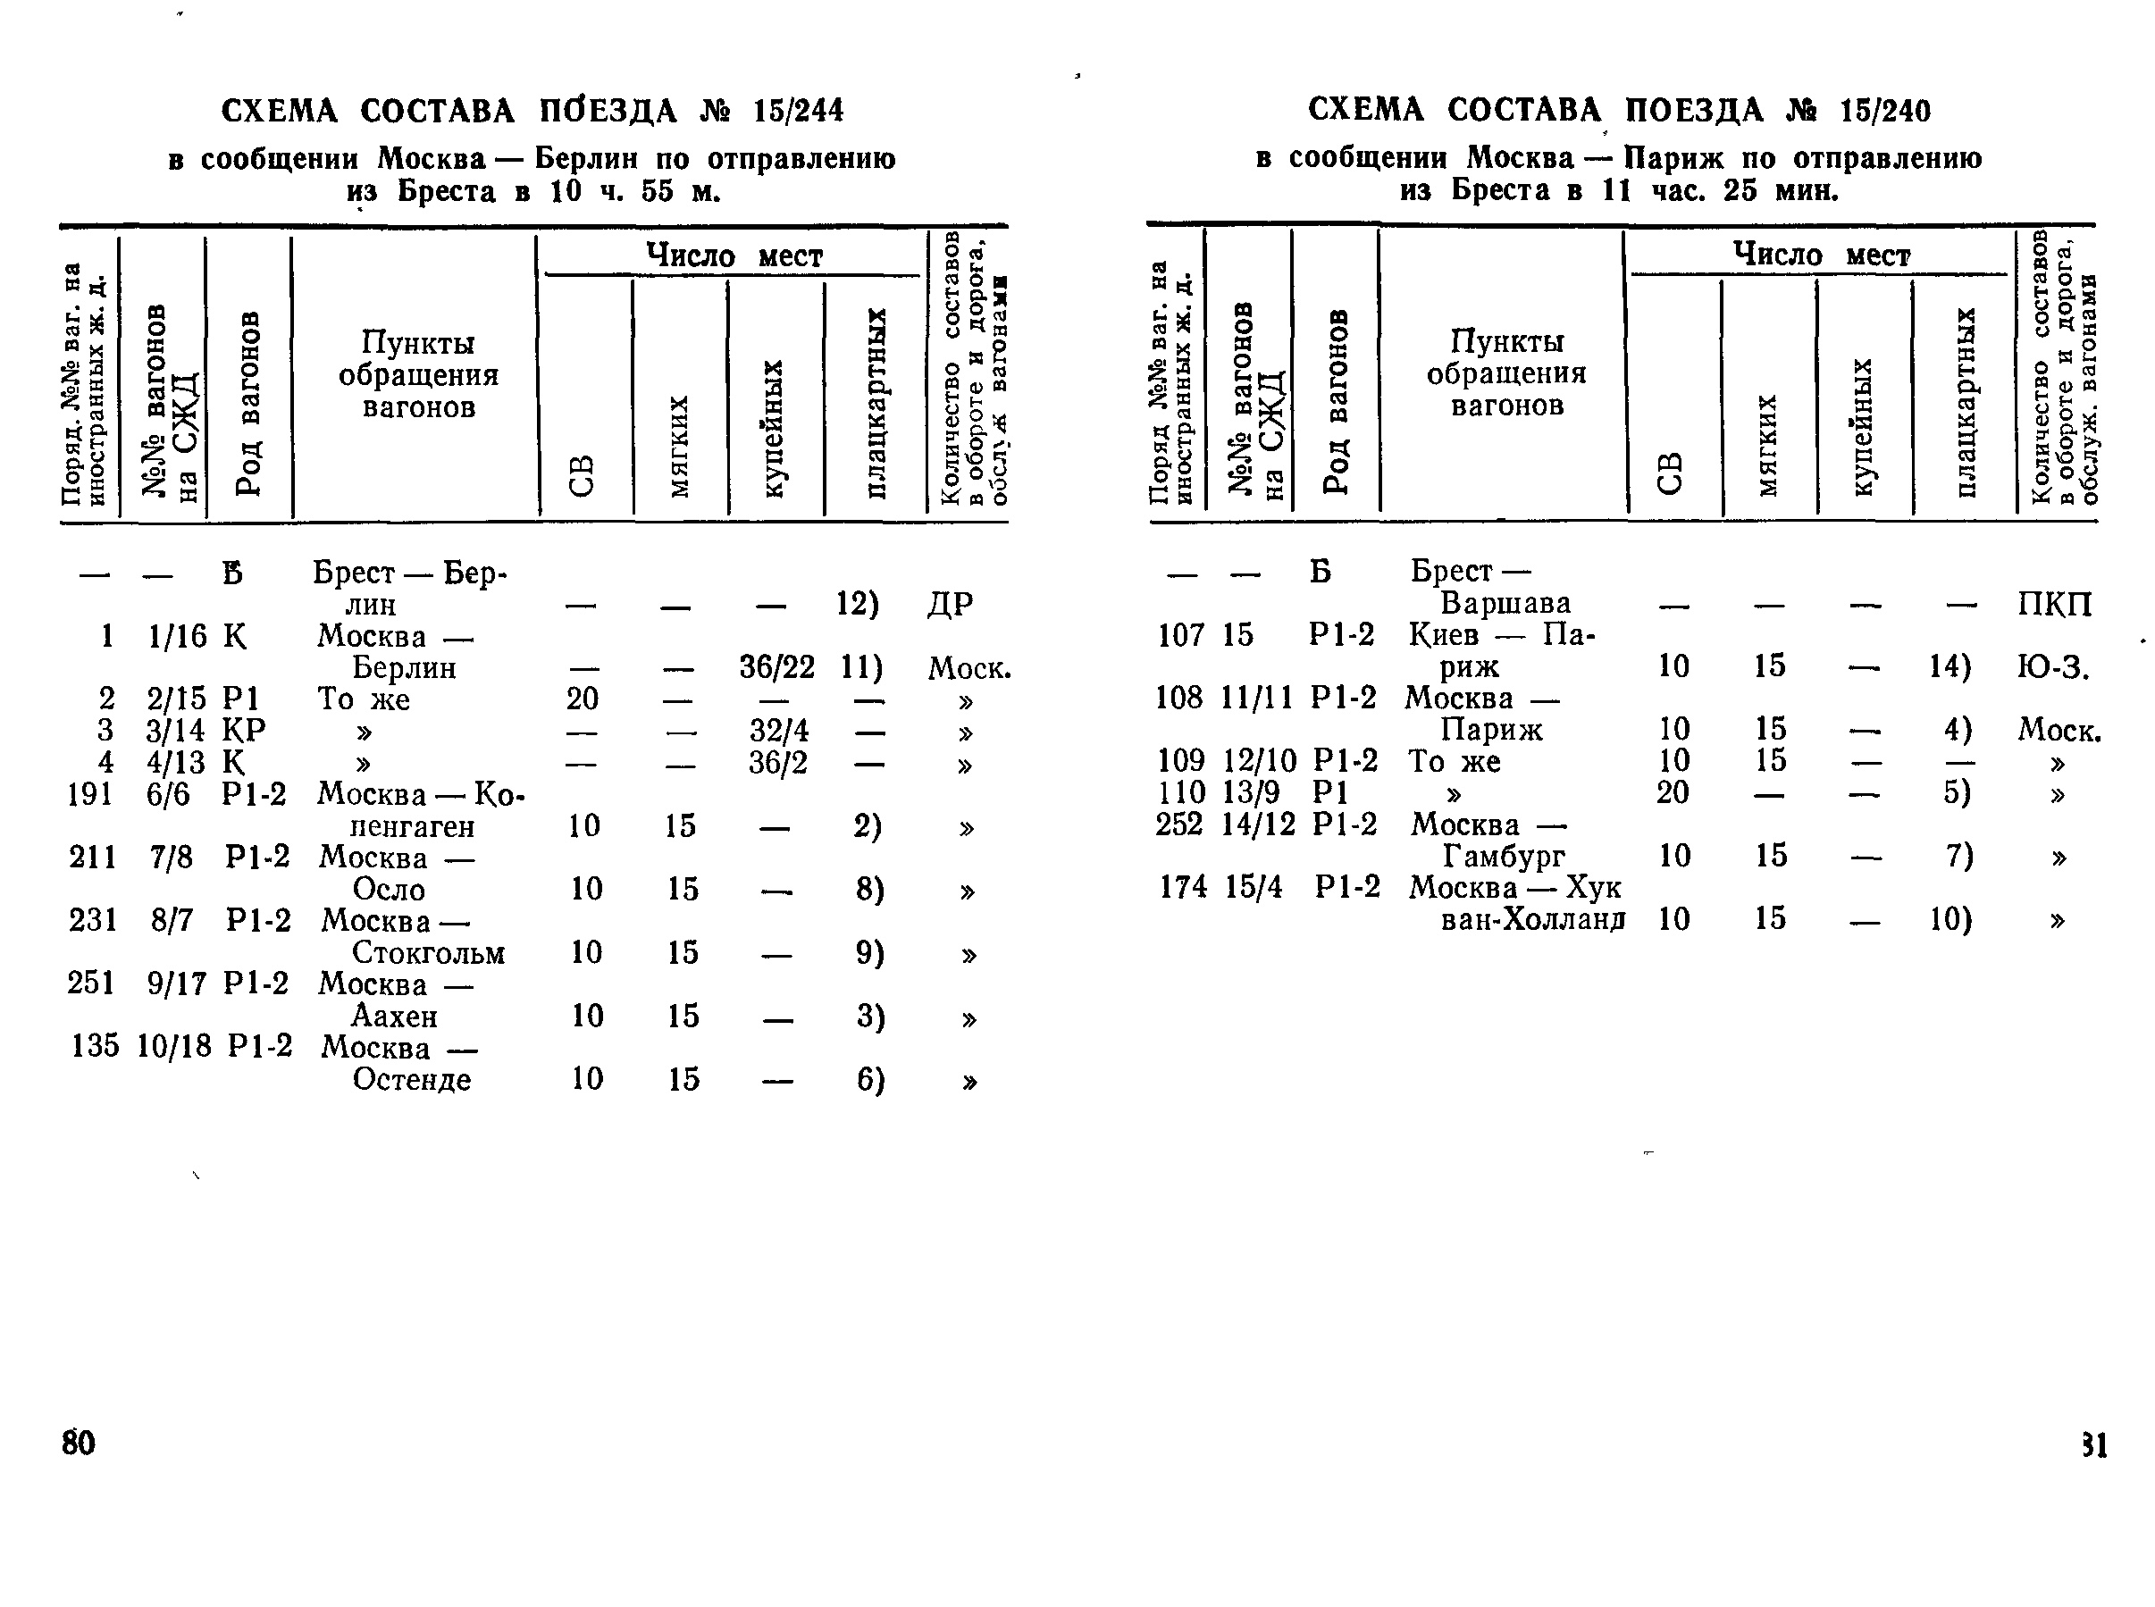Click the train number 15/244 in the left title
[798, 112]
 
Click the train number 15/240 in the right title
[1884, 112]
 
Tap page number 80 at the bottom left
[79, 1443]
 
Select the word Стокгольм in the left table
[428, 952]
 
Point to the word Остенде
[412, 1080]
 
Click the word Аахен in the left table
[394, 1017]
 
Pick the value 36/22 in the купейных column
[776, 667]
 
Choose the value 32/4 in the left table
[778, 731]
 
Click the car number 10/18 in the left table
[174, 1047]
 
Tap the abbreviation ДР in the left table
[950, 604]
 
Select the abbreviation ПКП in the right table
[2054, 604]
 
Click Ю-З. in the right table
[2053, 667]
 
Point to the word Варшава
[1505, 603]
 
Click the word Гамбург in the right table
[1503, 856]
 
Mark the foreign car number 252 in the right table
[1179, 824]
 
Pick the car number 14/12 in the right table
[1259, 824]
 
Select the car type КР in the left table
[243, 731]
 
